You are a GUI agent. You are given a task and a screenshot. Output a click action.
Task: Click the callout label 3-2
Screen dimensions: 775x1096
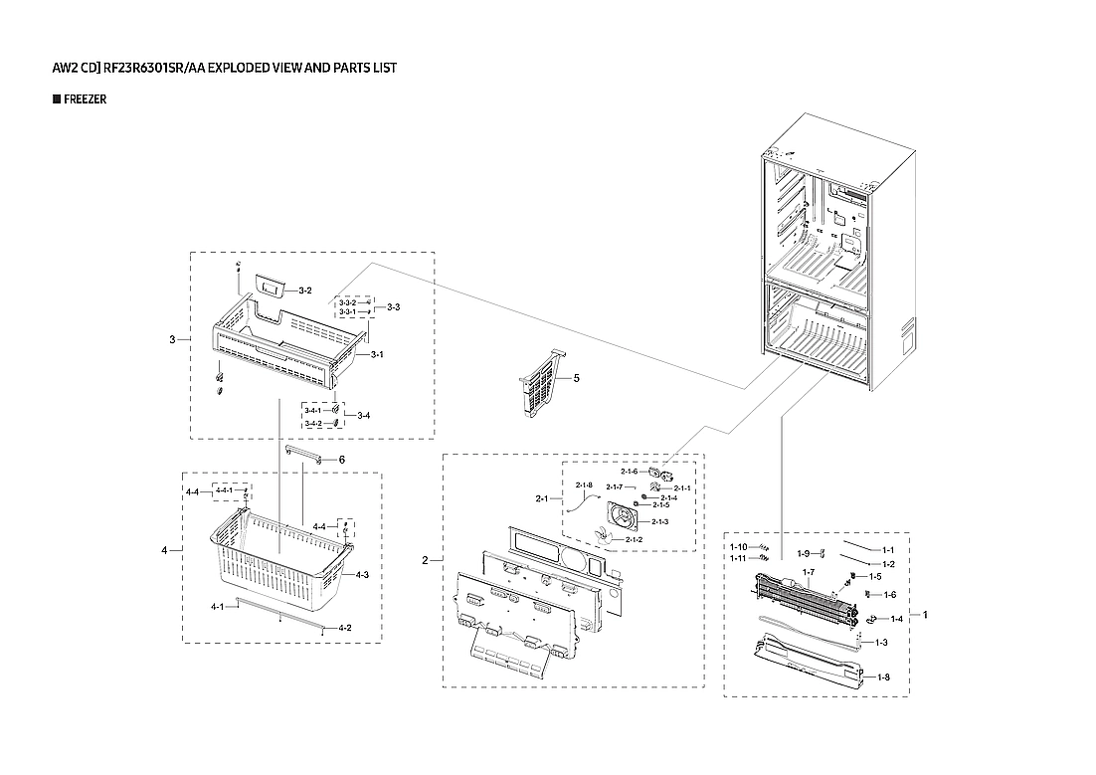tap(305, 291)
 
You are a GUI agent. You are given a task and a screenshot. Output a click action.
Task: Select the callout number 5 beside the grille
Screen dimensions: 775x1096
tap(576, 379)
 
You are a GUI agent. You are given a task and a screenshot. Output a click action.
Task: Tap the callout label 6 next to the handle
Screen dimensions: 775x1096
tap(341, 460)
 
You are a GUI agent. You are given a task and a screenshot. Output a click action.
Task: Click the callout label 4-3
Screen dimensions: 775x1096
tap(362, 575)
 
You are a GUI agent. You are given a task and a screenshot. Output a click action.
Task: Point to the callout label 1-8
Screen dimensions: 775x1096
tap(883, 678)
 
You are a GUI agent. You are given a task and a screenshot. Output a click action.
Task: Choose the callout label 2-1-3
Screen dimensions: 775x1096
tap(660, 521)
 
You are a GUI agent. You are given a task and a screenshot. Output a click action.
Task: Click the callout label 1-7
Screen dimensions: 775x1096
tap(808, 572)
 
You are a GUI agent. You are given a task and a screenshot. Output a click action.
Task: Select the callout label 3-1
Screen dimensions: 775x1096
tap(377, 355)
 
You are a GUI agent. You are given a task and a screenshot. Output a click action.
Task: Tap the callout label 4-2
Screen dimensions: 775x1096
tap(345, 628)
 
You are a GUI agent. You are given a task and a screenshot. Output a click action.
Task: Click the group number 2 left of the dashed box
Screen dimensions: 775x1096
tap(425, 561)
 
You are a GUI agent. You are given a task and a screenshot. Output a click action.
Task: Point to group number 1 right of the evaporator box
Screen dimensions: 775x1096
tap(925, 615)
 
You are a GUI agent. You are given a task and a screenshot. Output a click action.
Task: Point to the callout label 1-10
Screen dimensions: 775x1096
tap(738, 547)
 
